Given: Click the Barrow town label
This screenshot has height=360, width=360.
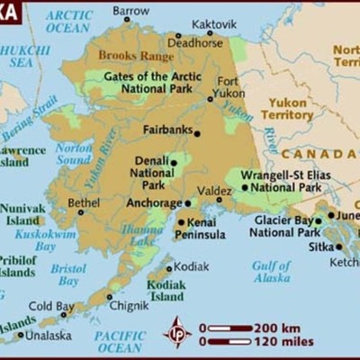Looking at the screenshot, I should tap(131, 11).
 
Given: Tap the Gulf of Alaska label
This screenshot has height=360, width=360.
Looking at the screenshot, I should tap(271, 272).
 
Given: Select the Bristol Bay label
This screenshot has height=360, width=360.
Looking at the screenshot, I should tap(68, 275).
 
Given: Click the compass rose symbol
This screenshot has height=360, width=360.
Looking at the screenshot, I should tap(178, 331).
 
